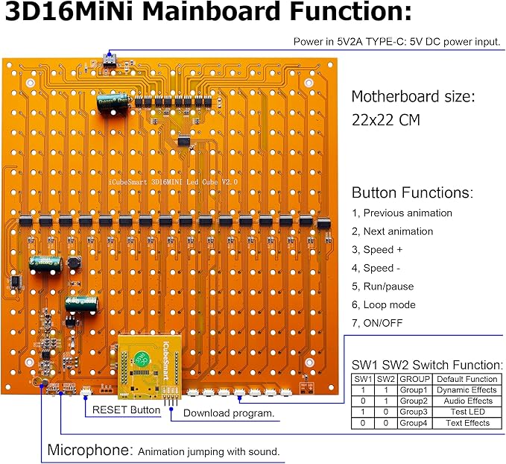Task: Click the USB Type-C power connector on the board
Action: (x=113, y=59)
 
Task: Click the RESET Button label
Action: (x=126, y=410)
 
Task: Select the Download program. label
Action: (x=228, y=413)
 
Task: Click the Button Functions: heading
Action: (x=411, y=192)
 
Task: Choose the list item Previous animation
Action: (x=407, y=213)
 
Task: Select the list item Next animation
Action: (x=397, y=231)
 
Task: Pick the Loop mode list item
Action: (x=388, y=304)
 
